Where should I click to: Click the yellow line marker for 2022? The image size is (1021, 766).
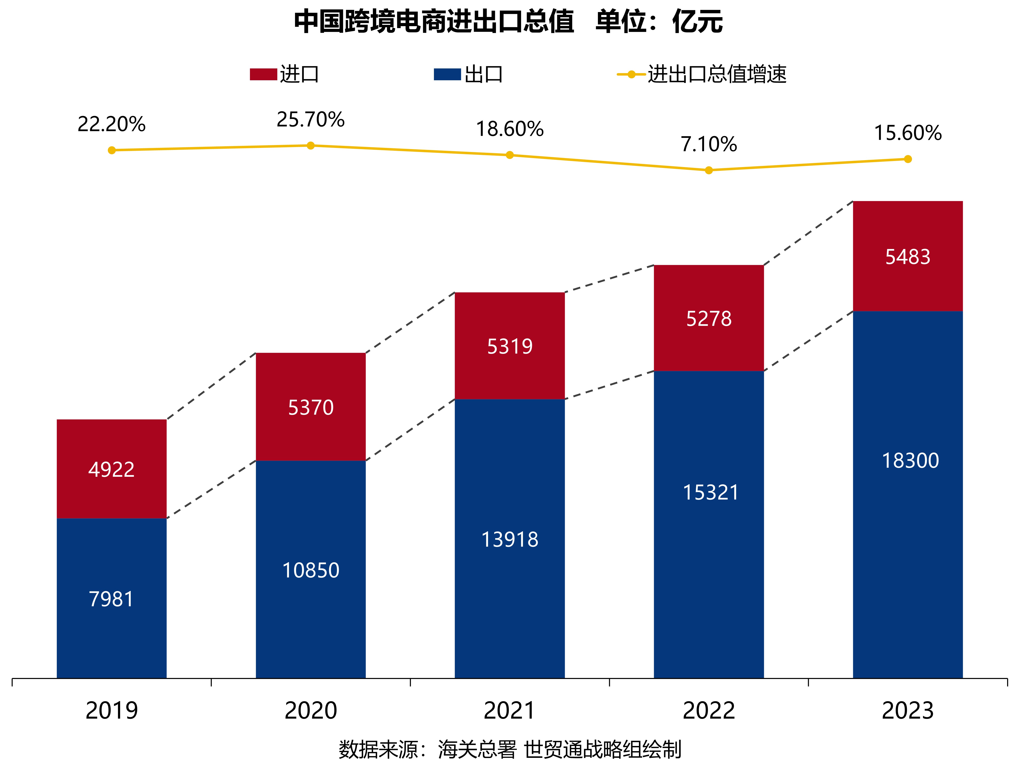[709, 170]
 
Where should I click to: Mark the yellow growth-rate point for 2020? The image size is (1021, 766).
[311, 146]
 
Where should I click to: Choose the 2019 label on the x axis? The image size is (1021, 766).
[112, 711]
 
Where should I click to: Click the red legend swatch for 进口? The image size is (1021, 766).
[263, 74]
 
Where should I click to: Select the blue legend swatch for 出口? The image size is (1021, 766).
[447, 74]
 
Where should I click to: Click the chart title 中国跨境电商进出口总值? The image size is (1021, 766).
[434, 22]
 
